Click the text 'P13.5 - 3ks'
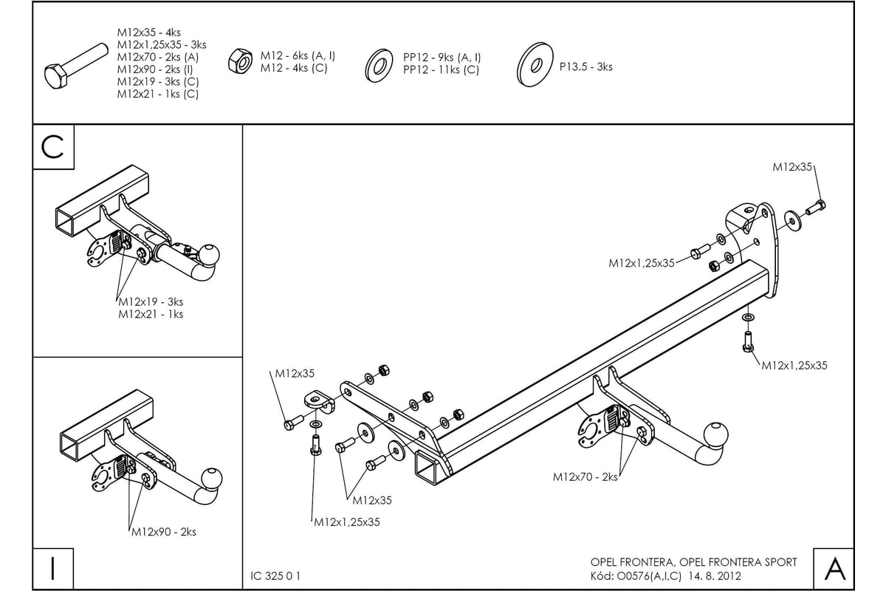(x=585, y=66)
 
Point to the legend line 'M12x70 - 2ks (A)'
(x=157, y=57)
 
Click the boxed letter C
(x=53, y=148)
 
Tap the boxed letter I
(x=53, y=569)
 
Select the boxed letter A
(x=834, y=569)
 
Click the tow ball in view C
(x=209, y=255)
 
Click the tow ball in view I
(x=212, y=477)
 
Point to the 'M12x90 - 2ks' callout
(x=164, y=532)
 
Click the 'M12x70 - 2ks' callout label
(x=585, y=477)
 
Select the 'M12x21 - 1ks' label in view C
(x=151, y=314)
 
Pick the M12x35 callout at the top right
(x=793, y=167)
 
